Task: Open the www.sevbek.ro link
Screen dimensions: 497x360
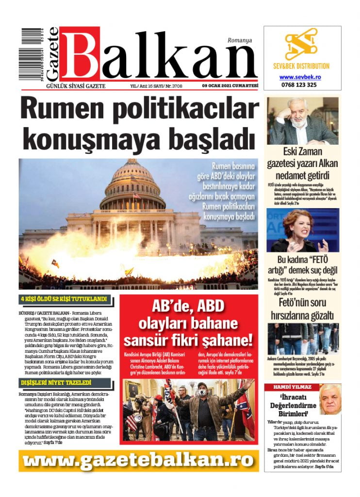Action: coord(300,77)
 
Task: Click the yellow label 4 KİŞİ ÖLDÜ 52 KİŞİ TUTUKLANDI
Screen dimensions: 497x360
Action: coord(63,299)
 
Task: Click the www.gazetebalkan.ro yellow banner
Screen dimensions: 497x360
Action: coord(139,460)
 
